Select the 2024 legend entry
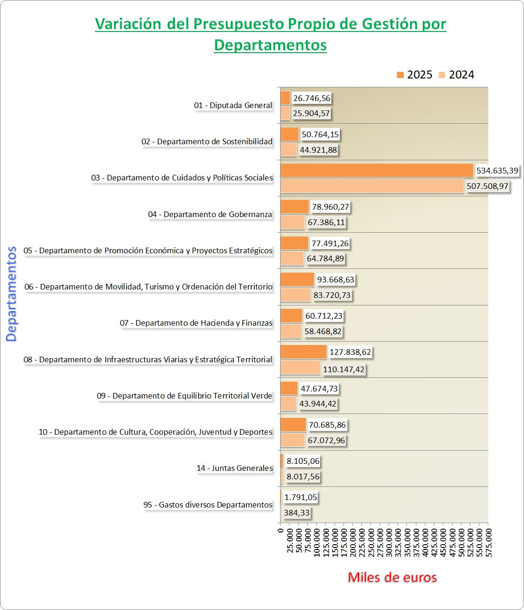[x=456, y=75]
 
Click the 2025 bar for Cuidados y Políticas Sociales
[x=376, y=171]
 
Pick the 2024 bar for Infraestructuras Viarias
[x=300, y=368]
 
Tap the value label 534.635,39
[x=497, y=171]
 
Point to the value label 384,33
[x=297, y=513]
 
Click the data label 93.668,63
[x=336, y=280]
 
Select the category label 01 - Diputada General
[x=233, y=105]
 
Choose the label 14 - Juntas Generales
[x=235, y=468]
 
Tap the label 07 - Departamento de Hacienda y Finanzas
[x=196, y=323]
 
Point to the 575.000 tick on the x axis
[x=489, y=542]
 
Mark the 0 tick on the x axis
[x=281, y=531]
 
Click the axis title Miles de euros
[x=392, y=578]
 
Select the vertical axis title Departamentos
[x=11, y=294]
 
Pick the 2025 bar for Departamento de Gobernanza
[x=294, y=207]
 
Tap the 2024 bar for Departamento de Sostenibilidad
[x=289, y=149]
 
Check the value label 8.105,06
[x=303, y=461]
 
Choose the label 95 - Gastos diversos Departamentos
[x=208, y=505]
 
